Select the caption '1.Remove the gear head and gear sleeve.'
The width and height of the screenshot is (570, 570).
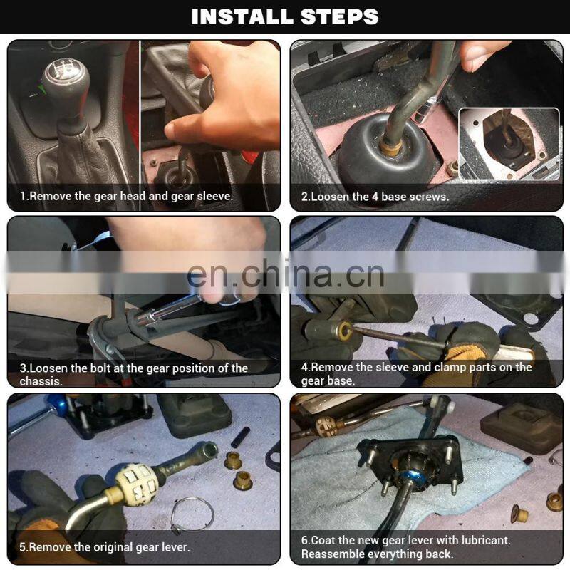click(126, 197)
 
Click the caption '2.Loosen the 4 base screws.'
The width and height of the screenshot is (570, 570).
click(375, 197)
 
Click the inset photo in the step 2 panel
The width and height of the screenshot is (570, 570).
click(509, 144)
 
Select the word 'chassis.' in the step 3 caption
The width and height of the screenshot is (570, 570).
click(41, 381)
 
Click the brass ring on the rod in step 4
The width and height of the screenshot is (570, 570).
click(343, 330)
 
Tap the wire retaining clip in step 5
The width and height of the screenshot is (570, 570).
click(192, 515)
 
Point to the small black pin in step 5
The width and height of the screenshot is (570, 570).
click(240, 437)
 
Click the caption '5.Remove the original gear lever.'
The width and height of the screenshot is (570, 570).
click(105, 547)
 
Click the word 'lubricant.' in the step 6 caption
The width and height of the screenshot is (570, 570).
click(486, 541)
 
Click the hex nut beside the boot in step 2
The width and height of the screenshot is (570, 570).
click(452, 170)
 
